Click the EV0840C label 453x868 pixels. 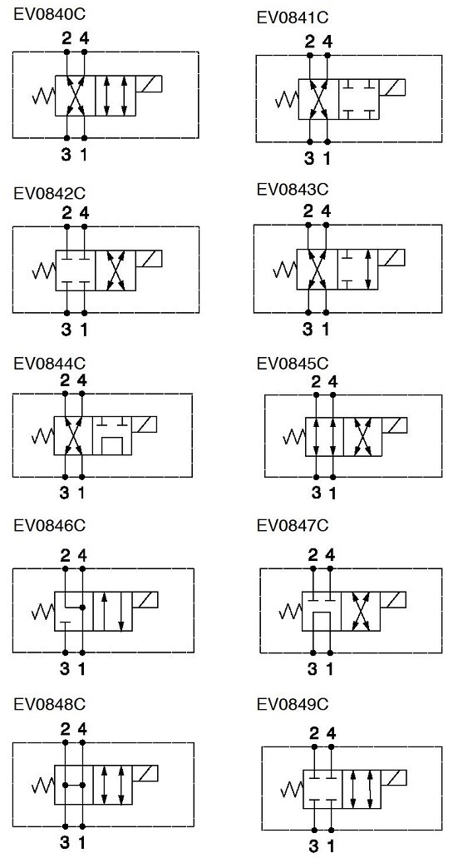point(49,13)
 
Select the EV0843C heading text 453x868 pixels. point(293,189)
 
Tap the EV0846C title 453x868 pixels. point(49,525)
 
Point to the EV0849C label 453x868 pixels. point(293,705)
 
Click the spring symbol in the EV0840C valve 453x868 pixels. point(43,97)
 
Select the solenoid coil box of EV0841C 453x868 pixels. point(392,88)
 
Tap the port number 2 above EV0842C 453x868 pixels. point(66,212)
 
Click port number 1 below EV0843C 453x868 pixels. point(326,330)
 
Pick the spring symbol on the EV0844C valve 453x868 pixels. point(42,436)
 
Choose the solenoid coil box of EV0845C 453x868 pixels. point(394,426)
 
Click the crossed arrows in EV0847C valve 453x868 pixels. point(361,611)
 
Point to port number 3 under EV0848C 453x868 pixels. point(65,843)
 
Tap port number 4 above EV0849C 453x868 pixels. point(332,733)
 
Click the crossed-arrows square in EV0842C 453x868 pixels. point(116,270)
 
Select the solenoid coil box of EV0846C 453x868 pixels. point(145,600)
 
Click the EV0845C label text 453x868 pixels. point(293,364)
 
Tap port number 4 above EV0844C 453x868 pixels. point(81,381)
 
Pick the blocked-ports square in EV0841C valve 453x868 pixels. point(360,99)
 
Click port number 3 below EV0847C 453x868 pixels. point(313,669)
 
